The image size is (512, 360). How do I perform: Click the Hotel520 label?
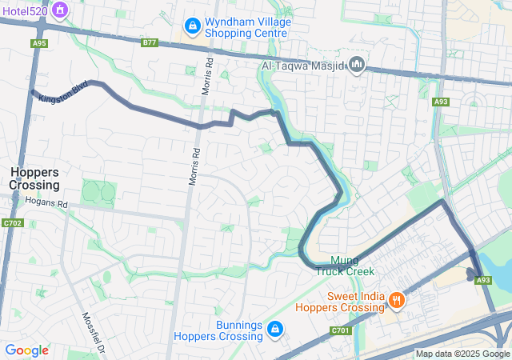(x=24, y=12)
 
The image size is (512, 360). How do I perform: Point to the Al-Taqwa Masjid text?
(x=303, y=64)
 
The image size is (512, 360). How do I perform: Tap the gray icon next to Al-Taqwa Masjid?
(x=358, y=64)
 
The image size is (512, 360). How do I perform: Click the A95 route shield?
(x=39, y=43)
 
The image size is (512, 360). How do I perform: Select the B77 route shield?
(x=150, y=42)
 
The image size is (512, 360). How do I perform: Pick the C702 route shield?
(x=13, y=223)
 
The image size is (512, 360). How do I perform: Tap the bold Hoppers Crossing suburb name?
(x=34, y=178)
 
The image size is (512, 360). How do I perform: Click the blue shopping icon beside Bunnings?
(x=274, y=329)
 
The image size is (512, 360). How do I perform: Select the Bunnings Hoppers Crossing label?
(x=227, y=330)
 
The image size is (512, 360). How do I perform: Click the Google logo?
(x=26, y=350)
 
